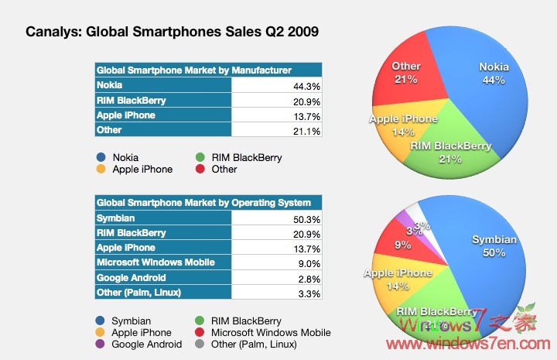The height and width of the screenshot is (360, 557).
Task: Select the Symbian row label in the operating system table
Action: [x=115, y=218]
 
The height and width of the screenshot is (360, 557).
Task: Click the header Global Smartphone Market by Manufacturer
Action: [x=193, y=70]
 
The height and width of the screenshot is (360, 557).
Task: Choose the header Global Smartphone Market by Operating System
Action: [x=203, y=203]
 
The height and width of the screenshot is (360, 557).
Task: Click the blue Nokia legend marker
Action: [x=101, y=157]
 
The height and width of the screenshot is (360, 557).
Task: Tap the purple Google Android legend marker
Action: [x=101, y=344]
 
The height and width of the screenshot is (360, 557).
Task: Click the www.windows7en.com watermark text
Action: [x=465, y=341]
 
